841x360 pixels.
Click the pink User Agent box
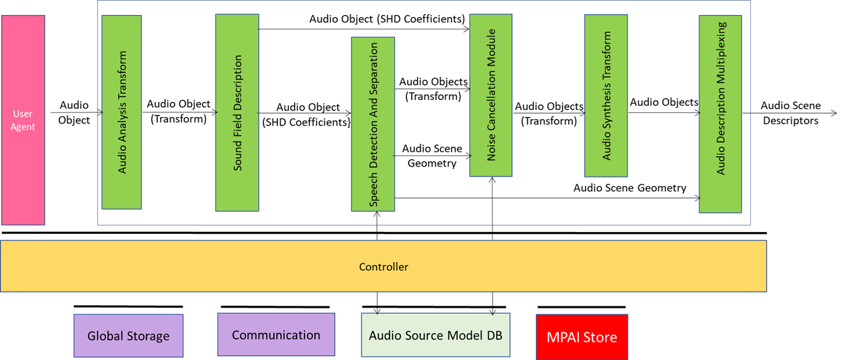(23, 120)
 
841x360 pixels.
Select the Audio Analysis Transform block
(122, 112)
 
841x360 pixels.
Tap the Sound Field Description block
(237, 112)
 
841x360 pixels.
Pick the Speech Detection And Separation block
(372, 124)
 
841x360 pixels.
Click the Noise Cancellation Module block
(490, 95)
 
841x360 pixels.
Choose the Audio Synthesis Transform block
(606, 96)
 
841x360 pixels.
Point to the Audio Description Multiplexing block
(720, 114)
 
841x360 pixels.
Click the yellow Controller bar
(384, 267)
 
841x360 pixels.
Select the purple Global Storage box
(128, 336)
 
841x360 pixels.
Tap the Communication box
(276, 335)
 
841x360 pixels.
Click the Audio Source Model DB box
(435, 335)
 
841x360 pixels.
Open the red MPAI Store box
(582, 337)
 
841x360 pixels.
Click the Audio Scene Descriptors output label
(790, 113)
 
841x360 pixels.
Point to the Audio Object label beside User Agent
(74, 112)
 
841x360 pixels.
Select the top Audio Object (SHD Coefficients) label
(387, 19)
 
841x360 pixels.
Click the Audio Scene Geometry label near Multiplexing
(629, 188)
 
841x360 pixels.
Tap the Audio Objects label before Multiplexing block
(664, 102)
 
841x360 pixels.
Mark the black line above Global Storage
(128, 306)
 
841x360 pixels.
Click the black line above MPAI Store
(581, 306)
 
